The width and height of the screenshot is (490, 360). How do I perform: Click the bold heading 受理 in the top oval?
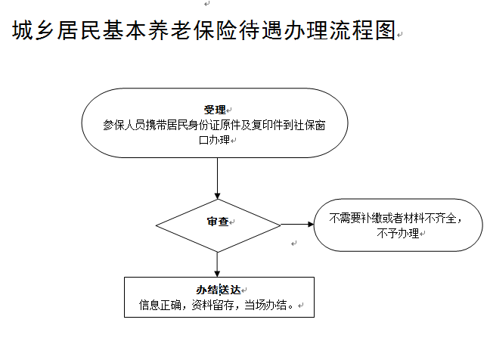(x=215, y=110)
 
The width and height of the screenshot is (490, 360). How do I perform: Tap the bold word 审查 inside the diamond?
(x=218, y=222)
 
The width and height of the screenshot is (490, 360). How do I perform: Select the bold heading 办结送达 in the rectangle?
(x=219, y=290)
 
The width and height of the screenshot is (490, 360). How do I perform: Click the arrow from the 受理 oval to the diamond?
(x=218, y=178)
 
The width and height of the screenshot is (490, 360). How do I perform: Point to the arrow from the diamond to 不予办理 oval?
(x=297, y=224)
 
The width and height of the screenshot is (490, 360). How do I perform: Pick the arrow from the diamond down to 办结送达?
(x=218, y=265)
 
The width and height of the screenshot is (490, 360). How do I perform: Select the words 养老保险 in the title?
(x=193, y=30)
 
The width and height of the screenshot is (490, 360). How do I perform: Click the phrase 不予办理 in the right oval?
(x=398, y=233)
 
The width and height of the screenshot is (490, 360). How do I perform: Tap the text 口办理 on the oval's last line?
(x=215, y=140)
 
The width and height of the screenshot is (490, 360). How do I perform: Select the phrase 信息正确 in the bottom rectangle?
(x=160, y=305)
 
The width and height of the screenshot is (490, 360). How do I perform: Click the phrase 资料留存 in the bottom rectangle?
(x=212, y=305)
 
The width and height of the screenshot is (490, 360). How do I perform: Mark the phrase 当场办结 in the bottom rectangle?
(x=265, y=305)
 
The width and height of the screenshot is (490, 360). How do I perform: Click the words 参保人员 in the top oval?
(x=124, y=125)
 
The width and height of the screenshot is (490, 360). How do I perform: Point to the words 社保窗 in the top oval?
(x=310, y=125)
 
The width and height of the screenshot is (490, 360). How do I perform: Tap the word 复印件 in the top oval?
(x=268, y=125)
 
